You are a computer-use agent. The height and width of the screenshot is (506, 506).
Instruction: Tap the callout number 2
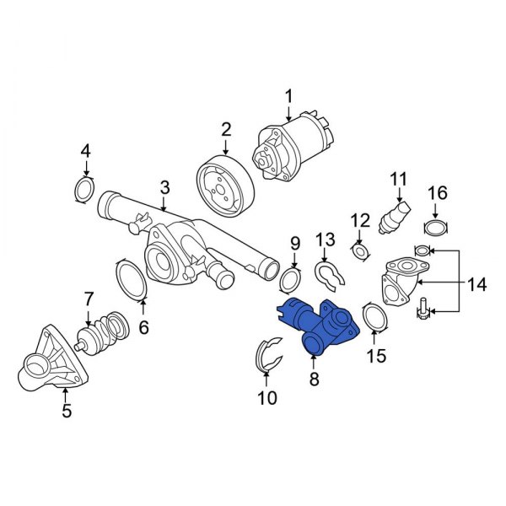(x=226, y=129)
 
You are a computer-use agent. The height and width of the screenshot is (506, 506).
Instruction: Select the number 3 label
(x=164, y=187)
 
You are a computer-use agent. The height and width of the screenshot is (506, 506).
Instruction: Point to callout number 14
(x=477, y=284)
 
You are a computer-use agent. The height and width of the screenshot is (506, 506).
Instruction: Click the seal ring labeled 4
(x=85, y=189)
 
